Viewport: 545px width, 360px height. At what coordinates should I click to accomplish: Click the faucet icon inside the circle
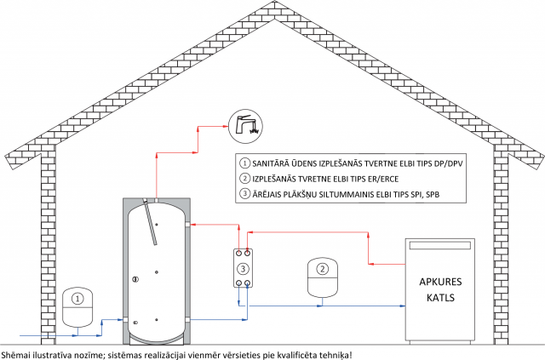pos(247,126)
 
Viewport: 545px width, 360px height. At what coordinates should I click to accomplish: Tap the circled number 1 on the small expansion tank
pos(77,299)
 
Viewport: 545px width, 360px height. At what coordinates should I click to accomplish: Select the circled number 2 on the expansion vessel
pos(323,269)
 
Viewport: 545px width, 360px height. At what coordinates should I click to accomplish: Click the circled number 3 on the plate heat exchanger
pos(243,268)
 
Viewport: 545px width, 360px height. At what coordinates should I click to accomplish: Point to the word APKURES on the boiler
pos(440,282)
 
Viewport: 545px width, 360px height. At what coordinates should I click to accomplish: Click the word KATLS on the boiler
pos(440,298)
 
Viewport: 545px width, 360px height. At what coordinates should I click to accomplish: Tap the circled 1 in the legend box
pos(245,163)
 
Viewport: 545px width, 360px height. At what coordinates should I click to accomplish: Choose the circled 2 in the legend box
pos(245,179)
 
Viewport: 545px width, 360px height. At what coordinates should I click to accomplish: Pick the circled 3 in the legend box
pos(245,193)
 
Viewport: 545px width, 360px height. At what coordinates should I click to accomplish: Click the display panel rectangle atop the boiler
pos(439,245)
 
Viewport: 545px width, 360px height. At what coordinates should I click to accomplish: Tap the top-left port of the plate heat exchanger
pos(238,253)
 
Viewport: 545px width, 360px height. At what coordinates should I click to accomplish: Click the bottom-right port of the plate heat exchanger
pos(247,283)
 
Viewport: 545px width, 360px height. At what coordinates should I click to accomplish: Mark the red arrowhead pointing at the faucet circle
pos(225,127)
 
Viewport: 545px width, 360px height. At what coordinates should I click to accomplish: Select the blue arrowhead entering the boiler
pos(403,306)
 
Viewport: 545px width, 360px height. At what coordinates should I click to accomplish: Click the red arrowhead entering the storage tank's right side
pos(193,225)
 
